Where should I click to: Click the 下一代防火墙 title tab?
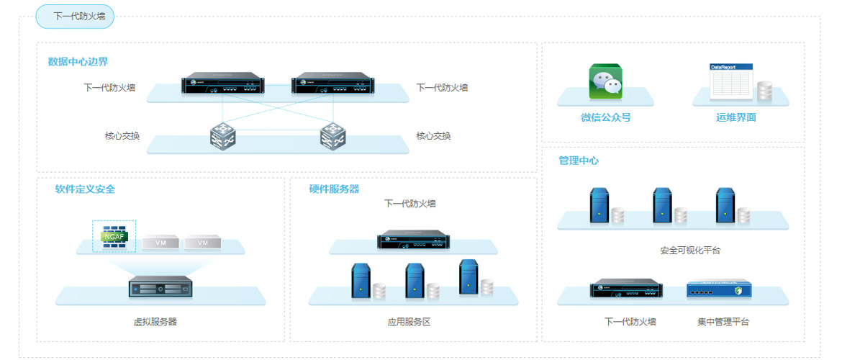(x=76, y=16)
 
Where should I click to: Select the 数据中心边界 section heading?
(x=78, y=62)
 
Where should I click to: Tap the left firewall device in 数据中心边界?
(x=222, y=84)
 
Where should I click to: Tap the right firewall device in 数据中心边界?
(x=332, y=84)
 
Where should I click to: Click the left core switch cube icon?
(x=222, y=135)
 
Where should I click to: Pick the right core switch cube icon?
(x=332, y=135)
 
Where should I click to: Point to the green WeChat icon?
(x=605, y=81)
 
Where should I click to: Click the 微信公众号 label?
(x=606, y=117)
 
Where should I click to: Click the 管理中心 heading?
(x=579, y=161)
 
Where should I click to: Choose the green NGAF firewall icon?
(x=114, y=236)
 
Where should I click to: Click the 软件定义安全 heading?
(x=85, y=189)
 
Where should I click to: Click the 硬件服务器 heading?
(x=334, y=189)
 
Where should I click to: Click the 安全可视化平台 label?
(x=690, y=251)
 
